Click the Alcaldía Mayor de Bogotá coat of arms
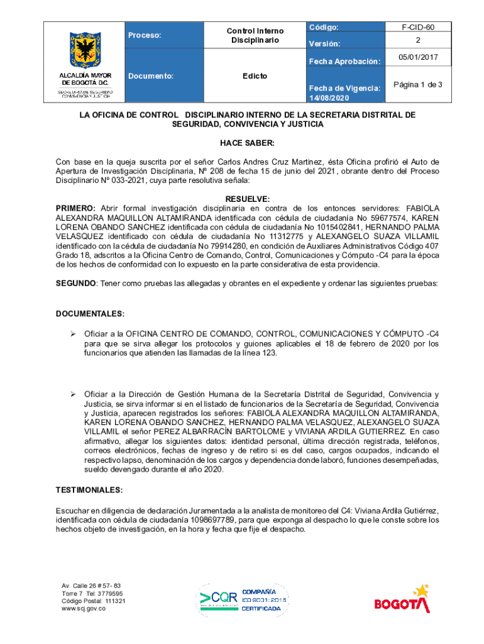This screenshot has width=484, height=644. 83,49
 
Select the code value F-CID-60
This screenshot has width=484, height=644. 417,28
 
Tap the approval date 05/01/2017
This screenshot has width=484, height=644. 417,58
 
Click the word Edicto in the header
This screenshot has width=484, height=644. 255,76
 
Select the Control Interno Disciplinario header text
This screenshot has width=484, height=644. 255,36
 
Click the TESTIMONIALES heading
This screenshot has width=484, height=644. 89,489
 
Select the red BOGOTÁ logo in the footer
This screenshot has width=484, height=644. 402,600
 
